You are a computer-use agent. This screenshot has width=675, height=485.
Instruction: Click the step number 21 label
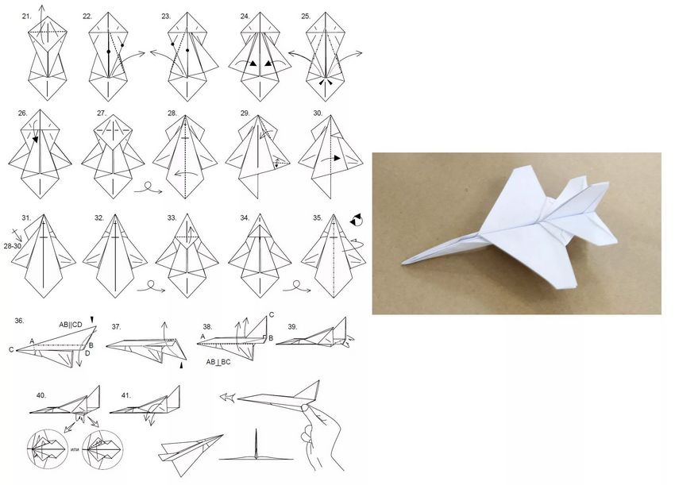[27, 17]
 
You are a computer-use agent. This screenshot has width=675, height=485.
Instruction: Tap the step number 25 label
[306, 17]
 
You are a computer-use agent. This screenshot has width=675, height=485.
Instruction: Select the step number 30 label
[318, 114]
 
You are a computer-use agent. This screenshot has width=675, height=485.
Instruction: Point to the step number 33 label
[172, 218]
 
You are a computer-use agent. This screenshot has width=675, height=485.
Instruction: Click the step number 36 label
[19, 321]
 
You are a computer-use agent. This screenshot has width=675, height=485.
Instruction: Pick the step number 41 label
[126, 395]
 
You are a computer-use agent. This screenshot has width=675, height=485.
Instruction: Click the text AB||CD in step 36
[71, 325]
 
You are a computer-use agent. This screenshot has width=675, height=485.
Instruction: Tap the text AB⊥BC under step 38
[218, 362]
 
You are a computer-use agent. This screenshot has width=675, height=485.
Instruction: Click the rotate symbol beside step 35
[356, 219]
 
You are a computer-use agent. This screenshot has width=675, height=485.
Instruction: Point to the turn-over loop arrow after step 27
[148, 188]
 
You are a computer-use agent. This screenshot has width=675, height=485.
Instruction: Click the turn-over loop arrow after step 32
[151, 287]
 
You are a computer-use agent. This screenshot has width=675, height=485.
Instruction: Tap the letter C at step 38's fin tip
[272, 315]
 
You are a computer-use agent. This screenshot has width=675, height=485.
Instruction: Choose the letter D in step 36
[87, 353]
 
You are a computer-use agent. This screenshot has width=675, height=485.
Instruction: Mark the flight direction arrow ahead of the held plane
[228, 397]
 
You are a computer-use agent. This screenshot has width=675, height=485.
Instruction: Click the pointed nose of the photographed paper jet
[403, 263]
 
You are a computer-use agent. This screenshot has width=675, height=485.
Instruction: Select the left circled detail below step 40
[48, 448]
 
